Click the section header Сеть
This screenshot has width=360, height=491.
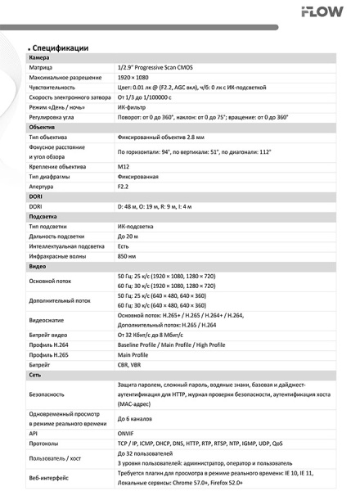click(x=35, y=374)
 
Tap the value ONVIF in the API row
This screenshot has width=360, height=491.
click(x=127, y=434)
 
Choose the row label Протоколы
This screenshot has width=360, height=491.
click(x=47, y=444)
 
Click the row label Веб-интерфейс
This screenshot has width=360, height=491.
click(x=50, y=476)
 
